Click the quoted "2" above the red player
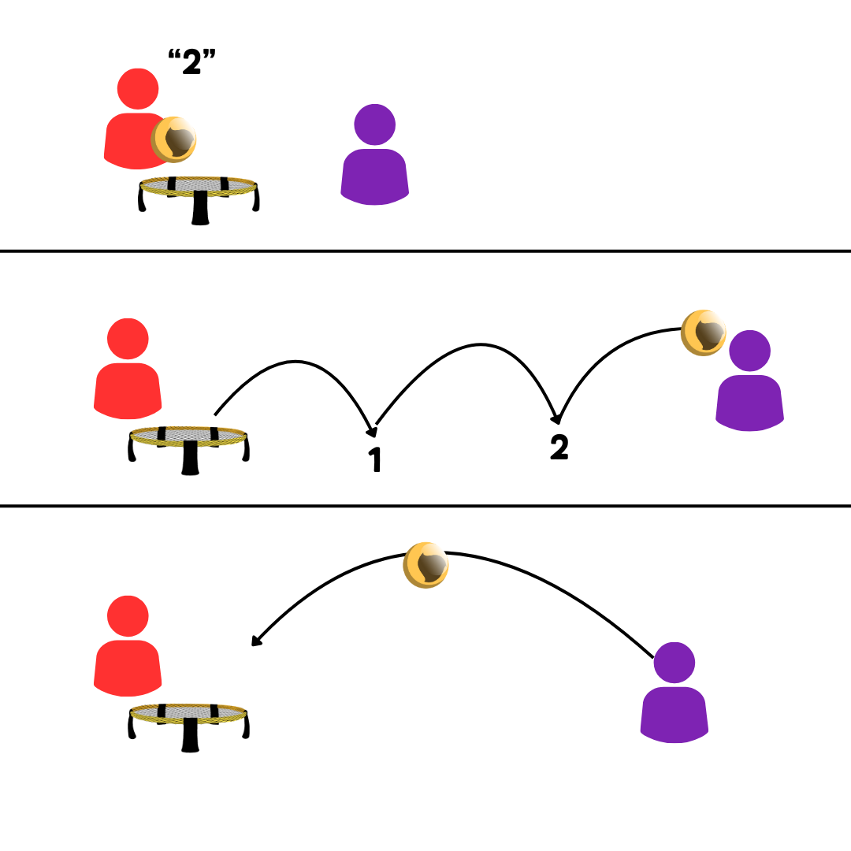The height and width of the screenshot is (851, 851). (192, 62)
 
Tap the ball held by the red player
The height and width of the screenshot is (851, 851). (174, 139)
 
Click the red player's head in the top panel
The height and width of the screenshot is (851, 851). (138, 88)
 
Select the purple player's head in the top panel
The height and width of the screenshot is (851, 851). (374, 124)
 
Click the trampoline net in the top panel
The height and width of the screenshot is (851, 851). (199, 186)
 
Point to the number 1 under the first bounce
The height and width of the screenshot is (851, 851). (377, 460)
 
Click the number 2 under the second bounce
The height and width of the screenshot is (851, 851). (559, 448)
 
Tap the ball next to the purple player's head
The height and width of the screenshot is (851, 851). (704, 332)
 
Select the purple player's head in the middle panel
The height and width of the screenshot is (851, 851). (749, 351)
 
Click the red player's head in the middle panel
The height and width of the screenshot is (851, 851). (128, 339)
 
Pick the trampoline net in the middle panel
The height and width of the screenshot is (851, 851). (188, 433)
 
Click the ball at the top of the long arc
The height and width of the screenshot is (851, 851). (425, 564)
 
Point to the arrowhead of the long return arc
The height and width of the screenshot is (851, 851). (255, 641)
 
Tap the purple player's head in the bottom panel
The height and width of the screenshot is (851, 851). (674, 663)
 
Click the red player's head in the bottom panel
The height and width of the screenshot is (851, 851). (128, 616)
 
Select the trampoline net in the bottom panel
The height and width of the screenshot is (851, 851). (188, 711)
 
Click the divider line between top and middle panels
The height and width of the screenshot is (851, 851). (425, 251)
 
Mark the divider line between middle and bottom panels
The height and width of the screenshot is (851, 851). (425, 506)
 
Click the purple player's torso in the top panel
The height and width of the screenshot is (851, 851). (374, 177)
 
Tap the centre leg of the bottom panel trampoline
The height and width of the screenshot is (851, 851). (189, 735)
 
